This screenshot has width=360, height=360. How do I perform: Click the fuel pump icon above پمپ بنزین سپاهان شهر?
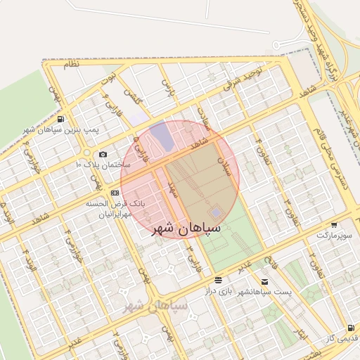[61, 119]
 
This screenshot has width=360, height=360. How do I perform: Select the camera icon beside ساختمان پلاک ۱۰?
[103, 154]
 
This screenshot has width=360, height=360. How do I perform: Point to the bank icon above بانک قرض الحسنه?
[115, 191]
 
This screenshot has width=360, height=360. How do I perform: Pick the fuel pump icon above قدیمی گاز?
[350, 328]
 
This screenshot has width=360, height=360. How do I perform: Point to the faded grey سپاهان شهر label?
[155, 306]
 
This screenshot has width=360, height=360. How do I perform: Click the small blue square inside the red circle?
[215, 212]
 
